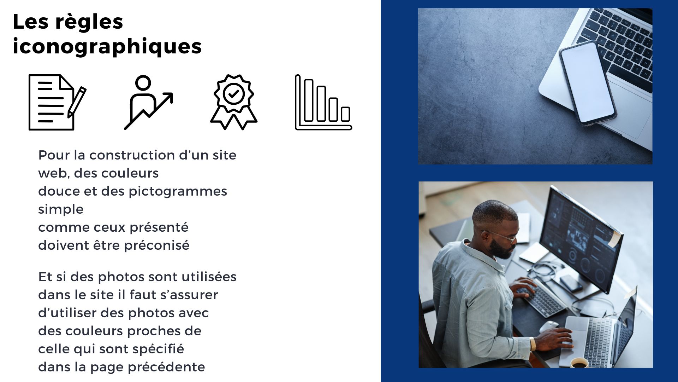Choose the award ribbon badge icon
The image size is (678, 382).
(x=234, y=102)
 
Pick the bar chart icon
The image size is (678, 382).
(x=323, y=102)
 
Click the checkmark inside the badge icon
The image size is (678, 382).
(x=233, y=94)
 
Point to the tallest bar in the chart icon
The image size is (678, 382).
(x=309, y=100)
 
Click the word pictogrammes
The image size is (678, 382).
(x=178, y=191)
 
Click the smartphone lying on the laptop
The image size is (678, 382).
(x=588, y=83)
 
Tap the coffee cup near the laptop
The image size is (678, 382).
(x=579, y=363)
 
